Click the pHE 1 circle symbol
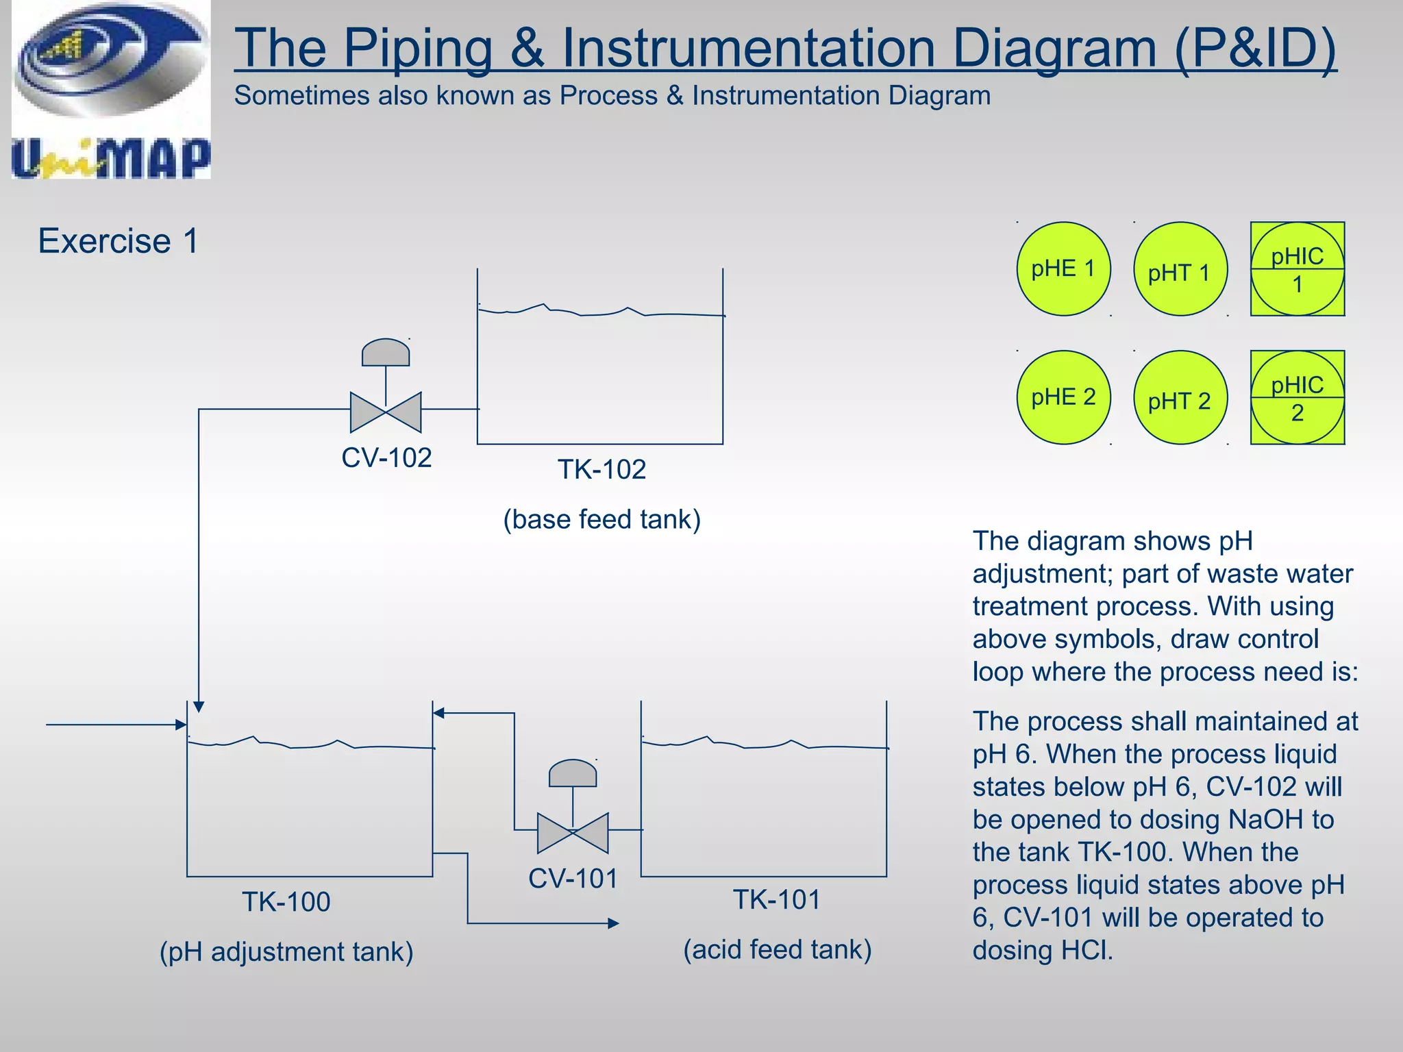[1063, 268]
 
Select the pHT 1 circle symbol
[1180, 269]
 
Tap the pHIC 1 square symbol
[1298, 269]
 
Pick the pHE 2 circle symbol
[1063, 397]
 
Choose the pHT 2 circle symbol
[1180, 398]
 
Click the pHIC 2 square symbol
[1298, 398]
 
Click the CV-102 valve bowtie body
[386, 412]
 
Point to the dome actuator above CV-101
[573, 773]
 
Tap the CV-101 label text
[573, 879]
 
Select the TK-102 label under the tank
[601, 470]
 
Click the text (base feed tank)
[601, 520]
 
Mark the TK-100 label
[286, 902]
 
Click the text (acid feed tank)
[777, 950]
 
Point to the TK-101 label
[777, 900]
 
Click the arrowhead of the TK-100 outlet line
[614, 923]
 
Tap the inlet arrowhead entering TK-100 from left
[181, 725]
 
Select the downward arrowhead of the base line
[199, 707]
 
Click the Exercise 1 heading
[118, 241]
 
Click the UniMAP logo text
[111, 159]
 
